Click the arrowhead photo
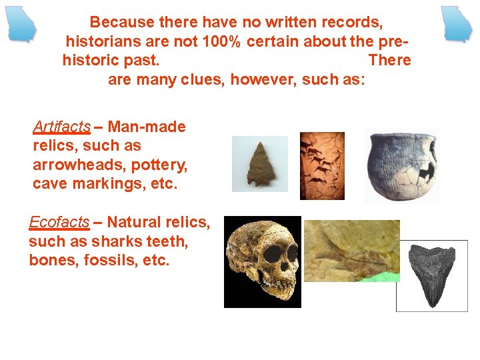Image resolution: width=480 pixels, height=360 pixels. tap(260, 163)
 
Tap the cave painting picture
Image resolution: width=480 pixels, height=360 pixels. tap(322, 165)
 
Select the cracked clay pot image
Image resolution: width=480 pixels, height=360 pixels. tap(401, 165)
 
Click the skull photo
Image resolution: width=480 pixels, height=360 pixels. tap(262, 261)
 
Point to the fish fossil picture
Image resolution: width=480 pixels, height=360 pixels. tap(351, 251)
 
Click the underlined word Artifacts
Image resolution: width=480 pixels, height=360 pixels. tap(61, 127)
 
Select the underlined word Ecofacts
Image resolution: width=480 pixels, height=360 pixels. tap(59, 222)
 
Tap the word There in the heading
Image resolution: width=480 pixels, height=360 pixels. tap(389, 61)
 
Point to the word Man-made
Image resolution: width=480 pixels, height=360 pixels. tap(147, 127)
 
